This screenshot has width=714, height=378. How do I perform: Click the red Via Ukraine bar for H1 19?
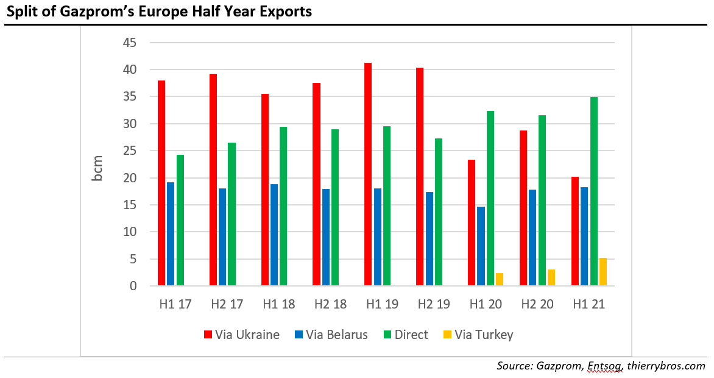pos(368,174)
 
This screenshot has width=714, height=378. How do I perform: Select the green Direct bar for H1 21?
pos(594,191)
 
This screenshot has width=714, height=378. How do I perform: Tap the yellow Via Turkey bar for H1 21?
pos(603,272)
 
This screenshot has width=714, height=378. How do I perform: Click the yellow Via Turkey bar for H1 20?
pos(500,279)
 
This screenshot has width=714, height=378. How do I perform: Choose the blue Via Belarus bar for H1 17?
pos(171,234)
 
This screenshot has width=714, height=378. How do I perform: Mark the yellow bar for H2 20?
pos(551,277)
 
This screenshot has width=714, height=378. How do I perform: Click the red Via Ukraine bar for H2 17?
pos(213,180)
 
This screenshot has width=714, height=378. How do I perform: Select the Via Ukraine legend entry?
pos(242,335)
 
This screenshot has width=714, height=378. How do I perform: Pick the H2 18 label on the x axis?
pos(330,304)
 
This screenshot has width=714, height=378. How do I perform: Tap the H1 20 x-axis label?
pos(486,304)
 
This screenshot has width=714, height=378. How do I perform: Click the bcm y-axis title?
pos(97,169)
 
